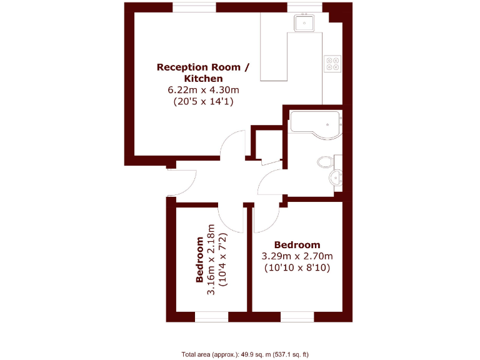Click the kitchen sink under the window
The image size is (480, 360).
[x=305, y=23]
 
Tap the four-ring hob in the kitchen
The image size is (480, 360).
[x=332, y=62]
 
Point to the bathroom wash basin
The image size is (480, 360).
[x=337, y=178]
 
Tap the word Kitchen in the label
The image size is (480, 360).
[x=202, y=79]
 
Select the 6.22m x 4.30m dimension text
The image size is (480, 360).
[x=202, y=90]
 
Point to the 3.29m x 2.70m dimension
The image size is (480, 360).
[x=297, y=256]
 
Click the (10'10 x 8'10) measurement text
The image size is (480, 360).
[x=297, y=267]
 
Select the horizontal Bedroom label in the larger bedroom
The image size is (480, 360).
[x=297, y=245]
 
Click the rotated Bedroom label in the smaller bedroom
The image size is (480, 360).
[x=199, y=259]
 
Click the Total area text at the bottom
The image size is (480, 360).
[x=244, y=354]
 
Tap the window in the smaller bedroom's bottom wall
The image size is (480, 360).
[x=211, y=317]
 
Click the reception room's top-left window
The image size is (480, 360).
[x=194, y=7]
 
